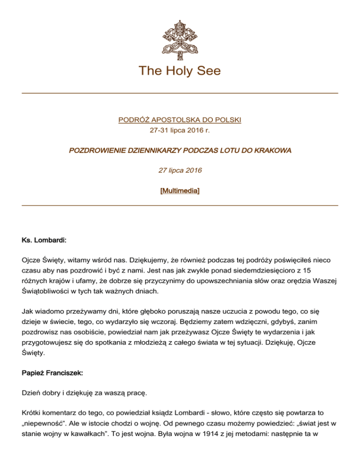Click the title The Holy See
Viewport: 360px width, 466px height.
(x=180, y=71)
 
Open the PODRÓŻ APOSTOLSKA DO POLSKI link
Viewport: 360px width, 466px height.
(x=180, y=120)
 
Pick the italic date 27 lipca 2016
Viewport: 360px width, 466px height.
(x=180, y=170)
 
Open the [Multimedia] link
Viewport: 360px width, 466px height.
(x=180, y=189)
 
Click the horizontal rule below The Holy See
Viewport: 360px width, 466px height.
(x=180, y=93)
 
